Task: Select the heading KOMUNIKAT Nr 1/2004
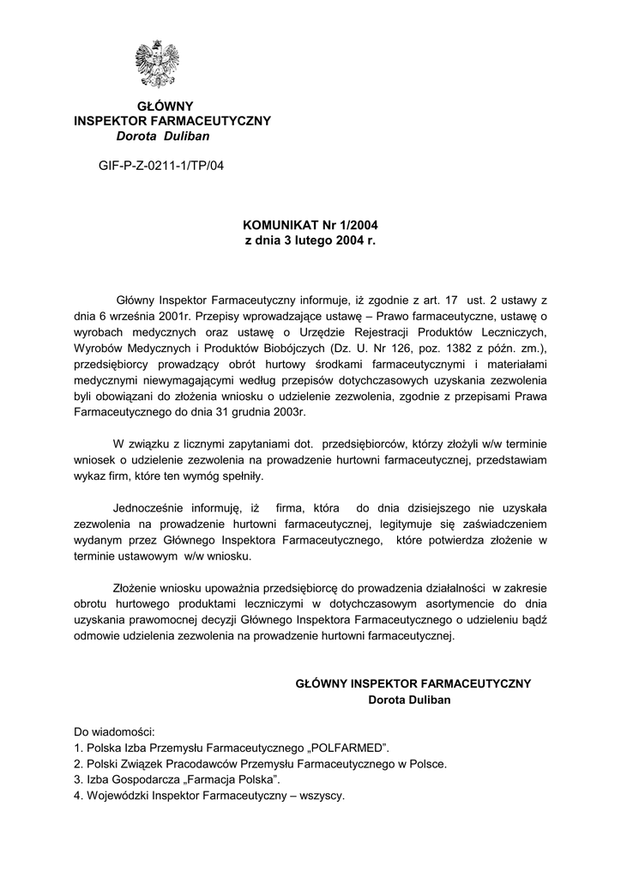pyautogui.click(x=310, y=226)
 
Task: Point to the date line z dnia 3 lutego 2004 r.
pyautogui.click(x=310, y=241)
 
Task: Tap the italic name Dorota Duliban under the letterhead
pyautogui.click(x=162, y=136)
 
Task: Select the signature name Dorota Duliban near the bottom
pyautogui.click(x=408, y=700)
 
